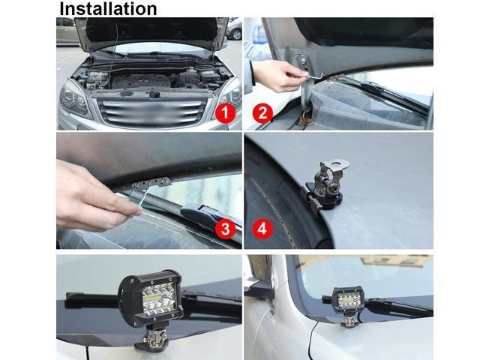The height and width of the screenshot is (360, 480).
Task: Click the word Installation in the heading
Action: [108, 8]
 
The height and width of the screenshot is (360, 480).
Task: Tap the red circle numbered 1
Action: [225, 113]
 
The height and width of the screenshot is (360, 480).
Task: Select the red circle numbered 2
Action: [262, 113]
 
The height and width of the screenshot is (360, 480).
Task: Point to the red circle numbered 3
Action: [225, 229]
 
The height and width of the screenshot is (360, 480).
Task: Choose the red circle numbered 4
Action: [262, 229]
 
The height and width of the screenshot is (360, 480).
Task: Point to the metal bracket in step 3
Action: [151, 183]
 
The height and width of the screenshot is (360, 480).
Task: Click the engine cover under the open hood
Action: [141, 81]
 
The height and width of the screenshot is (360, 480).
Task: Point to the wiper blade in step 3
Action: [211, 214]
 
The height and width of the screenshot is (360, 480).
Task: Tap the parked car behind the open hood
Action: [234, 29]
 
